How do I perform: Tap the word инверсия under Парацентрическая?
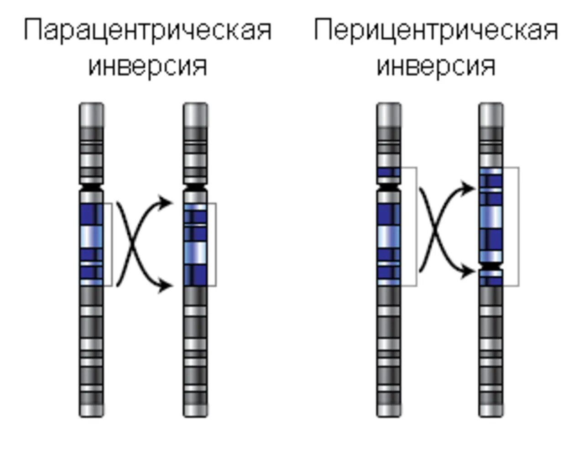tap(147, 66)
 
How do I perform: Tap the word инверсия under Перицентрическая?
tap(436, 66)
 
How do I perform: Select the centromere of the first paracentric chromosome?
tap(92, 188)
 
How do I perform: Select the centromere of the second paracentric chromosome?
tap(195, 188)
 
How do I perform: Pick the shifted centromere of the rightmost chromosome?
tap(491, 266)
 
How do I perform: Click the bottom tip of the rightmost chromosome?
tap(491, 411)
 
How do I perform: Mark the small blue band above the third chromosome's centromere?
tap(389, 173)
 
